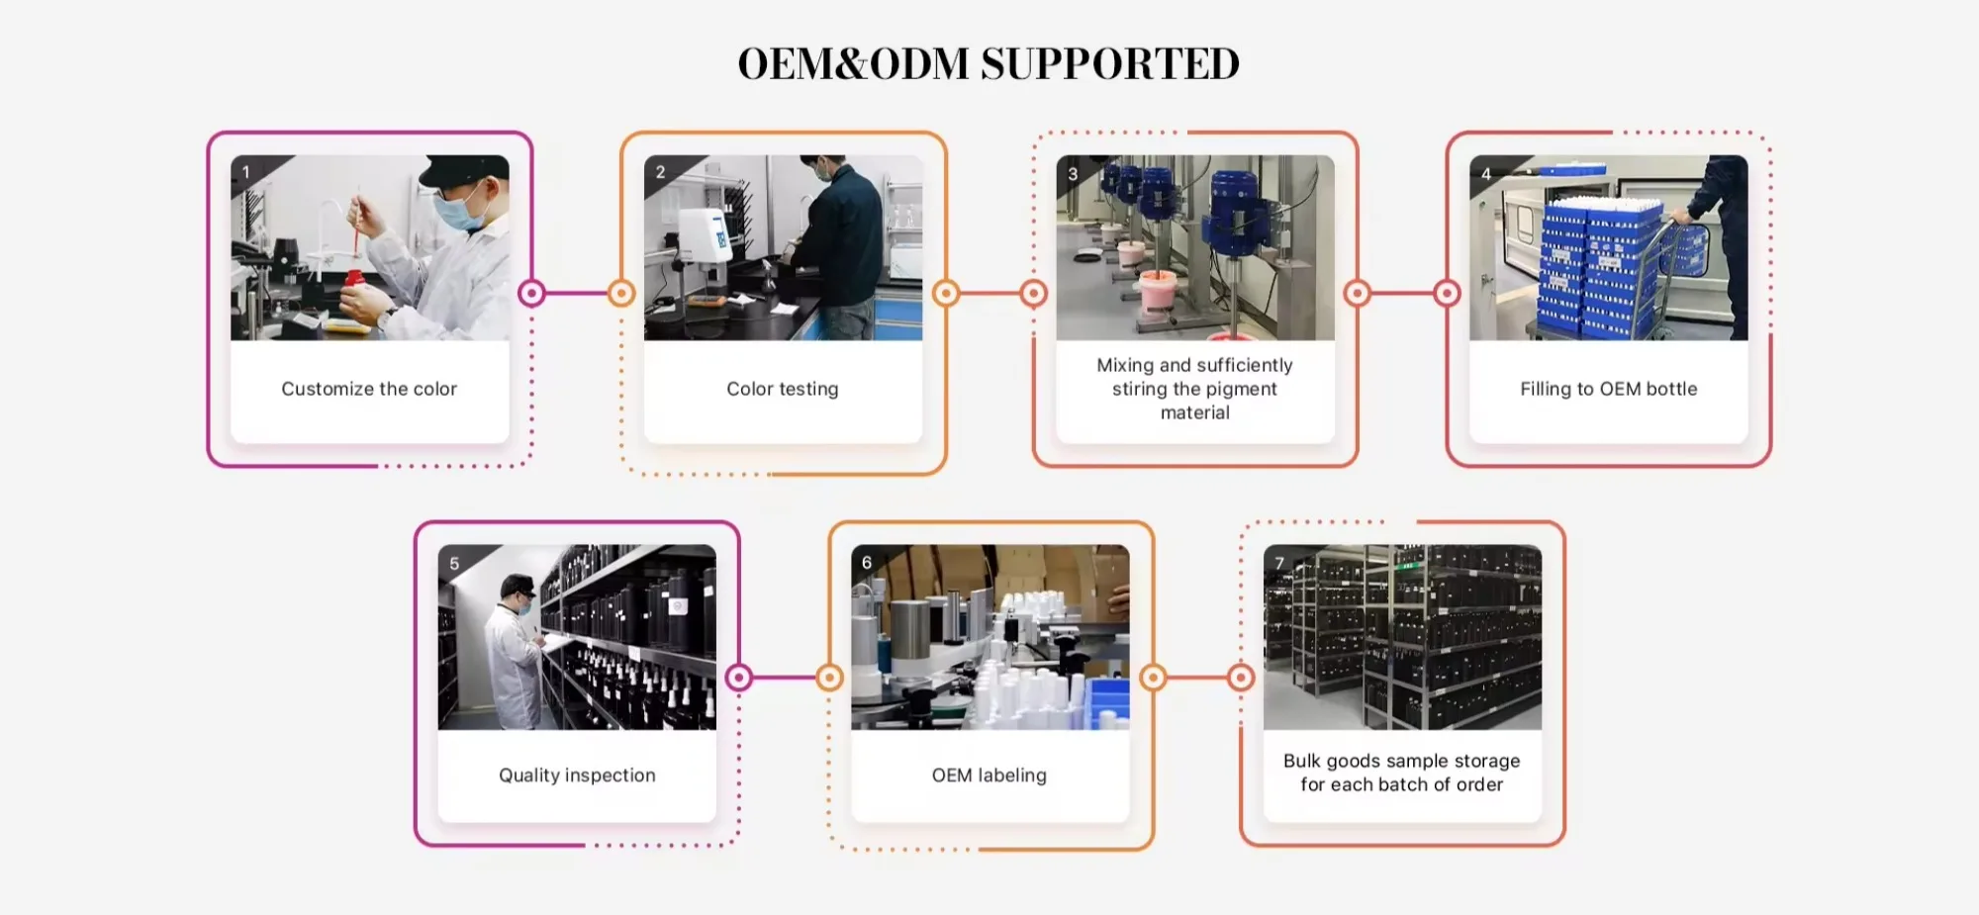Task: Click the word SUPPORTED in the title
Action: (1109, 64)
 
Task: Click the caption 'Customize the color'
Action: (369, 389)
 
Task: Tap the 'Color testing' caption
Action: (782, 389)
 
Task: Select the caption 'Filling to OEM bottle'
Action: (1608, 389)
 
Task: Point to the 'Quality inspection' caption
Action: (577, 776)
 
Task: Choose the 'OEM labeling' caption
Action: (989, 776)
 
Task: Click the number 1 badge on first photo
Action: (246, 172)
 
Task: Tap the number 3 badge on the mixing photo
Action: (1073, 174)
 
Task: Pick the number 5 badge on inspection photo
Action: (454, 564)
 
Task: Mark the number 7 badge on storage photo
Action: (1279, 564)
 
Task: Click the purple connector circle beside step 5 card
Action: (739, 678)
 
